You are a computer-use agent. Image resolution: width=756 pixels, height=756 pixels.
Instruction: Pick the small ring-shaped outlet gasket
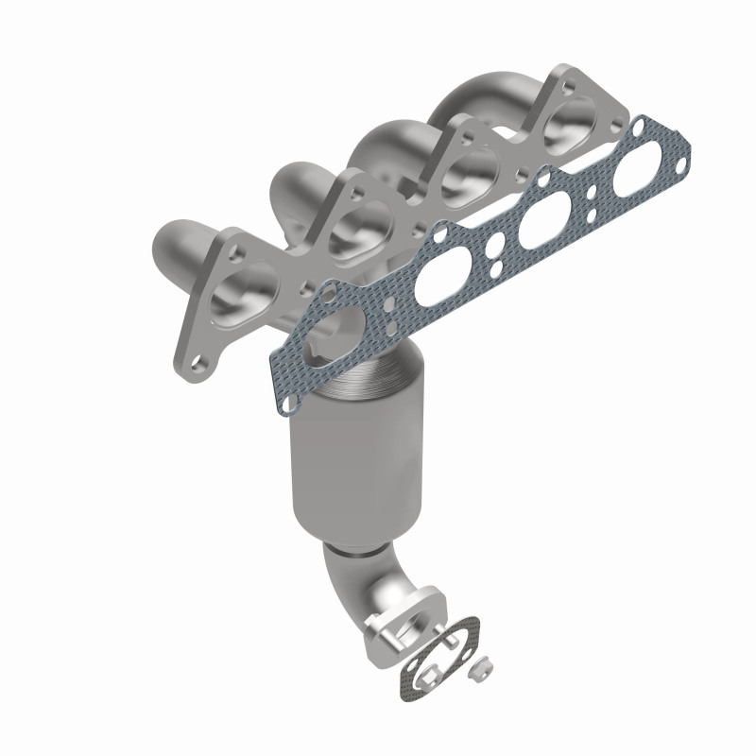click(439, 651)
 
